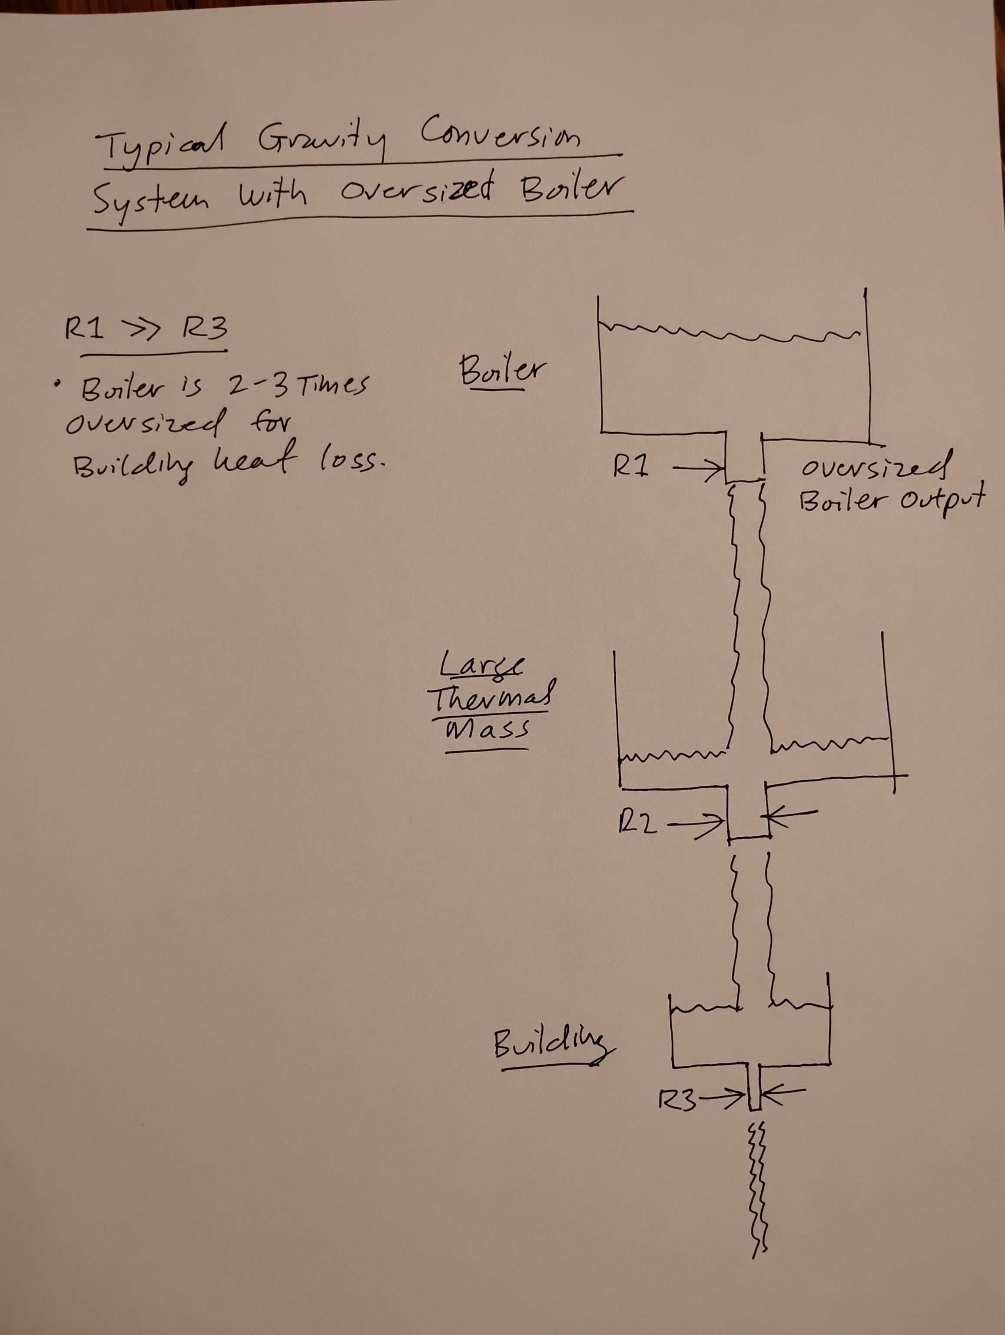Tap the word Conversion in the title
click(500, 135)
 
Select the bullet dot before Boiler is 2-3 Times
click(57, 383)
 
